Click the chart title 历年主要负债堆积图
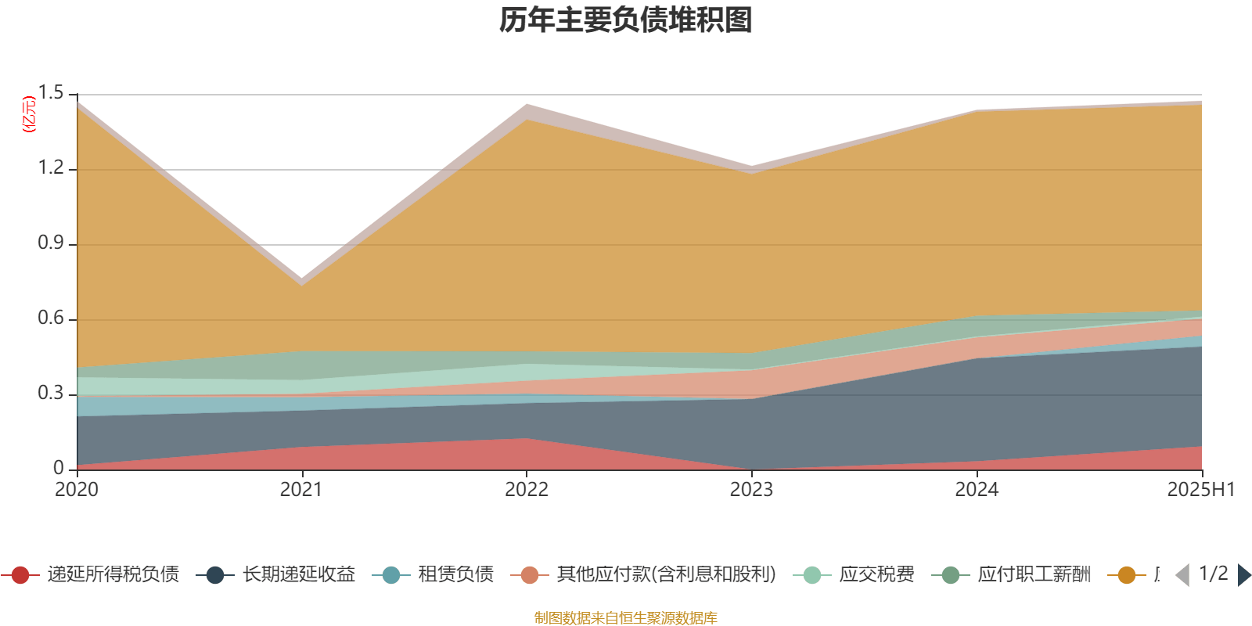click(626, 21)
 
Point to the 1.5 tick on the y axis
click(51, 93)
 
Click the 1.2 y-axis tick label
click(51, 168)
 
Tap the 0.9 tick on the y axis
click(51, 243)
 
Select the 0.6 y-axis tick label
click(51, 318)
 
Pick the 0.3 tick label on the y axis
click(51, 394)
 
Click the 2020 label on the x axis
click(77, 490)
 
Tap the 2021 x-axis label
click(301, 490)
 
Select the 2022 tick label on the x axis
click(527, 490)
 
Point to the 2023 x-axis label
click(751, 490)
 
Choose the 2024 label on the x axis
click(977, 490)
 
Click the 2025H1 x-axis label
click(1200, 490)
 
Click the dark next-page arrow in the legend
click(1243, 575)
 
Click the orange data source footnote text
click(625, 618)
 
